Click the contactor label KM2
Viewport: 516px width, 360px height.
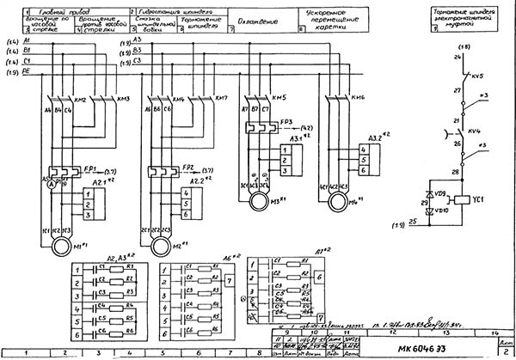pyautogui.click(x=83, y=101)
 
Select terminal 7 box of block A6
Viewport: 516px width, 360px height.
pyautogui.click(x=228, y=281)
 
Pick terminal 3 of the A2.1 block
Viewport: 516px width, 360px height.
pyautogui.click(x=89, y=215)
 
